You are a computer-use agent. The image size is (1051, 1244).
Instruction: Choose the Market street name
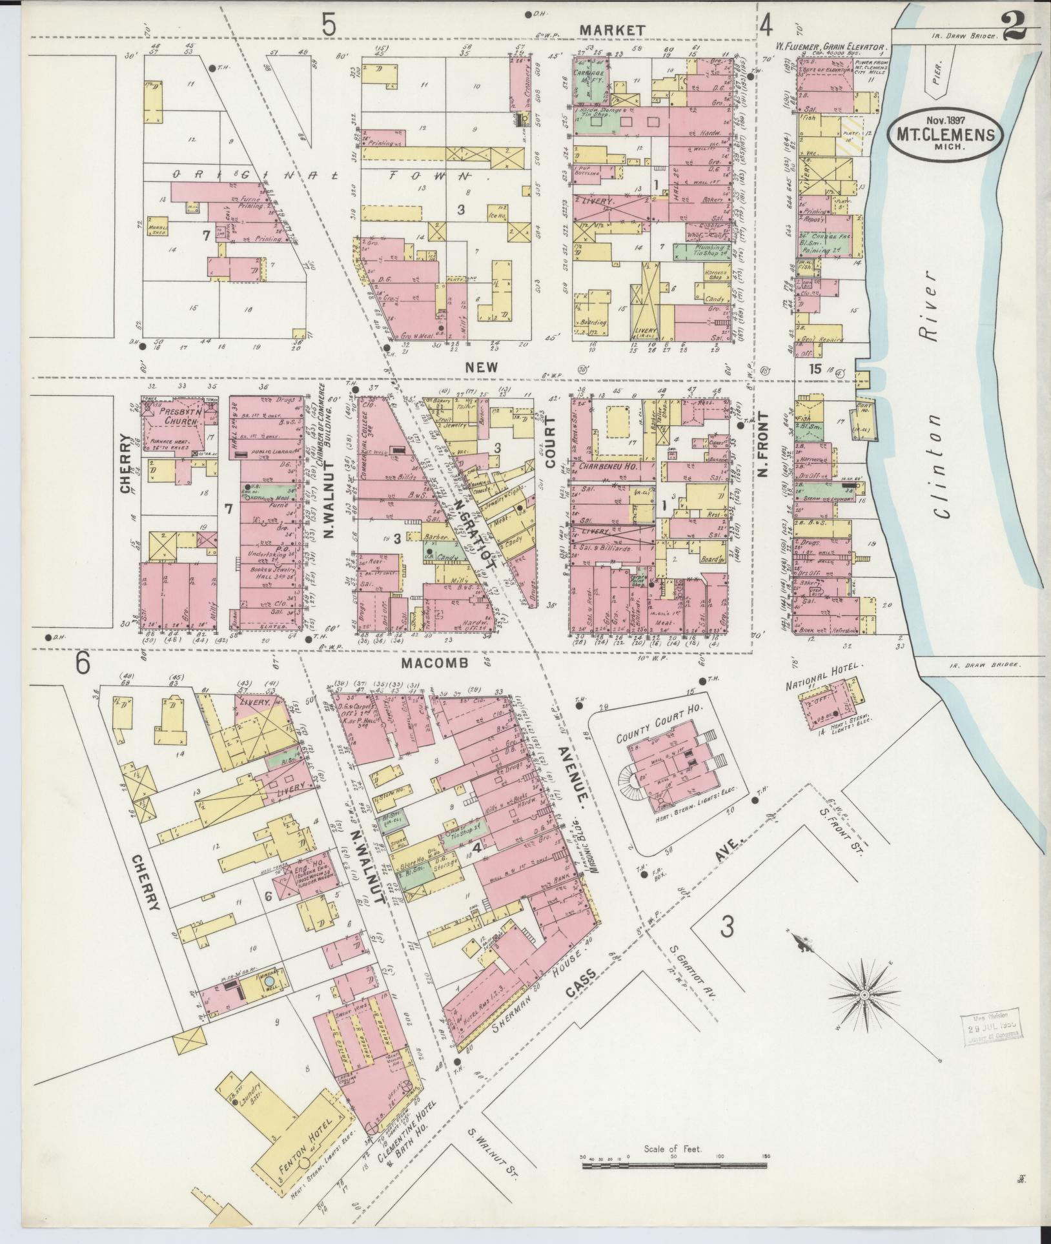[x=611, y=30]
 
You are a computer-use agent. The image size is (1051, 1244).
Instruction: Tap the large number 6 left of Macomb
[x=82, y=663]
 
